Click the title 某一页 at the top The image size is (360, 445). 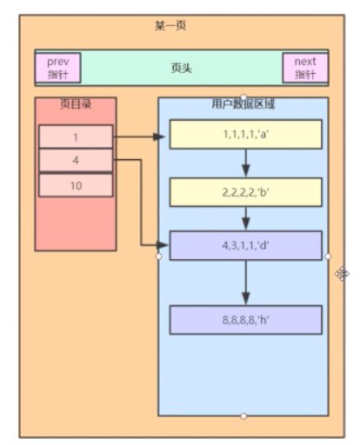(x=170, y=26)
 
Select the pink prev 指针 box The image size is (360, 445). (x=57, y=68)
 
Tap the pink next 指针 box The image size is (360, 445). (x=305, y=68)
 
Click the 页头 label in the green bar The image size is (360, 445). (x=182, y=69)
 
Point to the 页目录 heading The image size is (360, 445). (x=76, y=104)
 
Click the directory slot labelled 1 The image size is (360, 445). (x=76, y=136)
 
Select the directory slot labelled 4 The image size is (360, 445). (x=76, y=160)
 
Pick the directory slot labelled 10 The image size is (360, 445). (x=76, y=185)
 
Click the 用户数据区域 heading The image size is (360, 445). (x=243, y=103)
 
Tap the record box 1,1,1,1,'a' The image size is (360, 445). (x=246, y=135)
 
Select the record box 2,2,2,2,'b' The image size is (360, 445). (x=246, y=192)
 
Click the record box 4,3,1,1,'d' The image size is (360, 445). (x=246, y=245)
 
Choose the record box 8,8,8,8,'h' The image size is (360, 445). (x=246, y=320)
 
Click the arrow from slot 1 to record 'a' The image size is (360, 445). (x=139, y=136)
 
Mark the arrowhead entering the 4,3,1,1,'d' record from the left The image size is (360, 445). (x=163, y=245)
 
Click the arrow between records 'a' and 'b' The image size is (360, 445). (x=246, y=163)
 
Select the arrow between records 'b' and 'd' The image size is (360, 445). (x=246, y=218)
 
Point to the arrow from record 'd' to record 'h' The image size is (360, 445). (x=246, y=282)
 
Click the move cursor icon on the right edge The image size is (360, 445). (x=342, y=274)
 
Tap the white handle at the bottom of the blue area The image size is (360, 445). (x=243, y=416)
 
